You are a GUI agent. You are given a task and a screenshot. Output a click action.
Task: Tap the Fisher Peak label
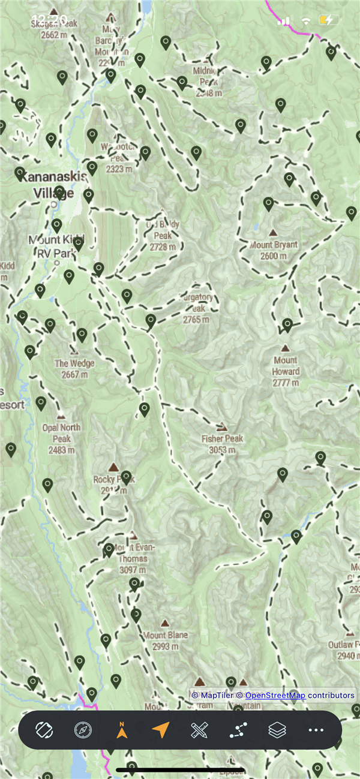pyautogui.click(x=222, y=439)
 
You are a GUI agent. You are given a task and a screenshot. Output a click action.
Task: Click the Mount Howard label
pyautogui.click(x=285, y=366)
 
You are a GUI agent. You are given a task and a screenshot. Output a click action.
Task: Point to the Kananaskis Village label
pyautogui.click(x=54, y=184)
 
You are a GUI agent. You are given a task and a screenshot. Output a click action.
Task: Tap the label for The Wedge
pyautogui.click(x=74, y=363)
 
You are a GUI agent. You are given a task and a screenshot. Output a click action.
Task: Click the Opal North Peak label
pyautogui.click(x=61, y=433)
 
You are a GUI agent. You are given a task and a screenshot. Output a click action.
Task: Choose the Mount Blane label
pyautogui.click(x=165, y=635)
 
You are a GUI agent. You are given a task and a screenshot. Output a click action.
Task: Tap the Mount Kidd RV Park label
pyautogui.click(x=57, y=246)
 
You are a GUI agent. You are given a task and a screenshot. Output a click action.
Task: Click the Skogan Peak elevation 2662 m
pyautogui.click(x=53, y=35)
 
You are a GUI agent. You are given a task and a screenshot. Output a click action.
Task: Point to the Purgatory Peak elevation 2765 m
pyautogui.click(x=196, y=320)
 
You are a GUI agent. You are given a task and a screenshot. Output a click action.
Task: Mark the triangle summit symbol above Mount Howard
pyautogui.click(x=285, y=348)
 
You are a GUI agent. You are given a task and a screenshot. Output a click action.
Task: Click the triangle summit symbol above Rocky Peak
pyautogui.click(x=113, y=467)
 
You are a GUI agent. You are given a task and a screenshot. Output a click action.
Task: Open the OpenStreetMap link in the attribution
pyautogui.click(x=274, y=695)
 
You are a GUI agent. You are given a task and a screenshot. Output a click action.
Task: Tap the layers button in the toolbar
pyautogui.click(x=277, y=730)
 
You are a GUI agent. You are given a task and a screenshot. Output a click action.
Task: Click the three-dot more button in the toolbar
pyautogui.click(x=316, y=730)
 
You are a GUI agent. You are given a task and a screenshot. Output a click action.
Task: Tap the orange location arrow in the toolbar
pyautogui.click(x=160, y=730)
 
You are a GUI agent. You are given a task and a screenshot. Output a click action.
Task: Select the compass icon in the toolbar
pyautogui.click(x=83, y=730)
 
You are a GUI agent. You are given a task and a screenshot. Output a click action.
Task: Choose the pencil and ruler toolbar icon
pyautogui.click(x=199, y=730)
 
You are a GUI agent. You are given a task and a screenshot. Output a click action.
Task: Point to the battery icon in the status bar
pyautogui.click(x=326, y=20)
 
